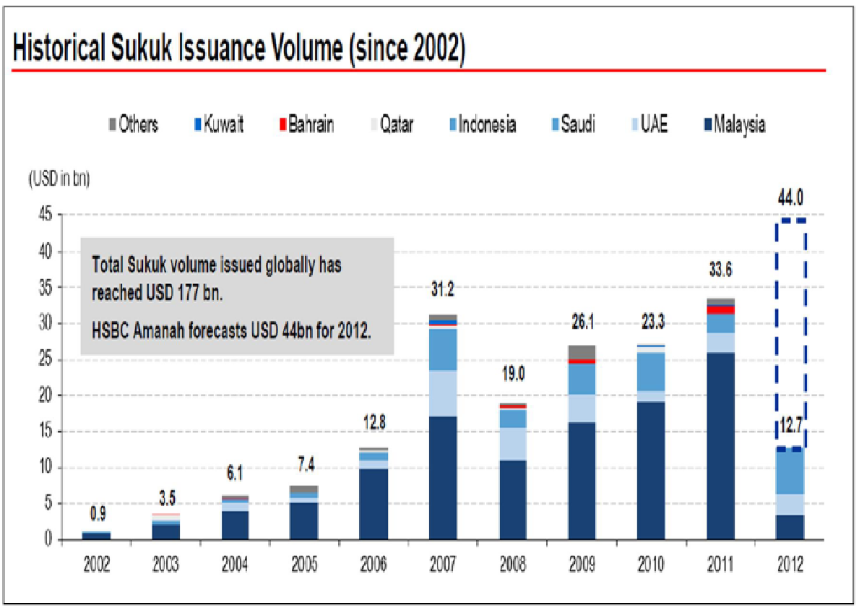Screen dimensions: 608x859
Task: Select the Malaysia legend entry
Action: (735, 125)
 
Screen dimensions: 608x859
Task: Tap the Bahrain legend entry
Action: (306, 125)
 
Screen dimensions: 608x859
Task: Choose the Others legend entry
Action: (134, 125)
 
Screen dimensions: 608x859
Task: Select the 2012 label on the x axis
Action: (790, 565)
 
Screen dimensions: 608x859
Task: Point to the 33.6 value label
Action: (721, 272)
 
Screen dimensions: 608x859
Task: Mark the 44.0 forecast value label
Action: (790, 197)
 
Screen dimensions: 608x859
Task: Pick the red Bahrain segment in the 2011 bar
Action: (721, 309)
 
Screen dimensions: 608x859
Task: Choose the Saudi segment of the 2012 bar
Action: (790, 472)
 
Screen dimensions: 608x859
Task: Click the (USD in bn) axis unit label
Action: (59, 180)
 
